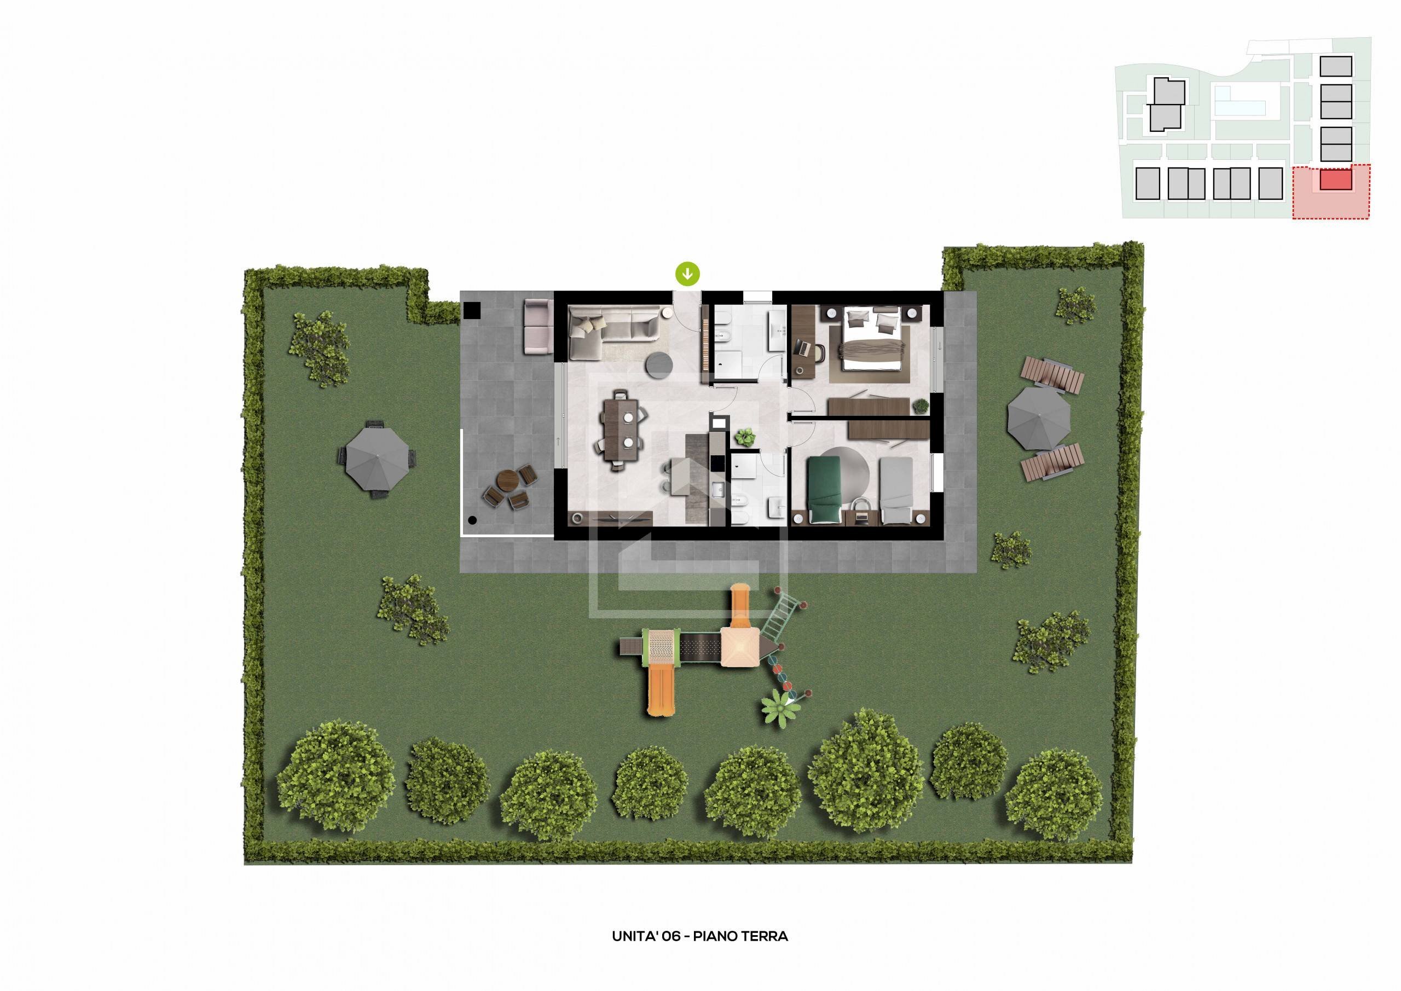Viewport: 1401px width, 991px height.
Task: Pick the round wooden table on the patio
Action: pyautogui.click(x=506, y=480)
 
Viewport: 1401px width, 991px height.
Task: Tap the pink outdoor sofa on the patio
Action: pyautogui.click(x=537, y=327)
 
